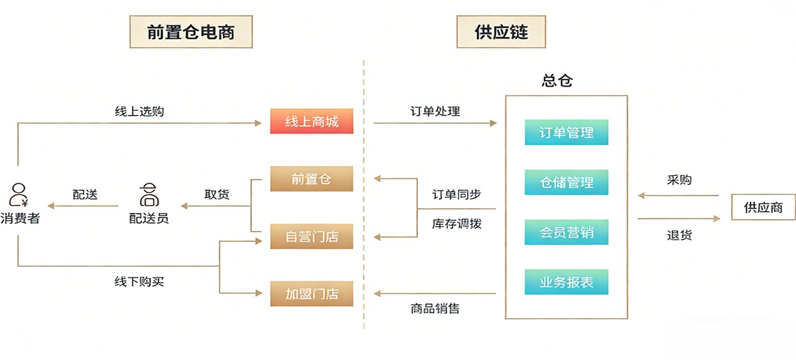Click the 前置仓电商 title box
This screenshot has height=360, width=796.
point(191,31)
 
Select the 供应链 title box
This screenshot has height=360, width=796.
point(501,31)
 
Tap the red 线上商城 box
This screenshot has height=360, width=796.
point(311,122)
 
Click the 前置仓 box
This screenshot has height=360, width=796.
point(311,179)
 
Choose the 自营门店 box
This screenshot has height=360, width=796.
point(311,236)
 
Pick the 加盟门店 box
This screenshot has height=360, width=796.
point(311,293)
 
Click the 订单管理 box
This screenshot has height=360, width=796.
point(566,132)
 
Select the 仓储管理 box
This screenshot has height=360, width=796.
point(566,182)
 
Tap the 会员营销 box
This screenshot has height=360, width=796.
point(566,232)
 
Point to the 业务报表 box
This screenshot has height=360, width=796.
point(566,282)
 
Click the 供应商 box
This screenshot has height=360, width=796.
point(763,207)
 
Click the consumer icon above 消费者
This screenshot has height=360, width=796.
point(19,194)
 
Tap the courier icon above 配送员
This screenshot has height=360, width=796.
point(148,194)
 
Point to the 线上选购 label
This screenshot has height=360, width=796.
point(139,111)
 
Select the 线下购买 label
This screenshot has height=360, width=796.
point(139,281)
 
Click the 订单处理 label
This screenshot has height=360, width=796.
point(435,111)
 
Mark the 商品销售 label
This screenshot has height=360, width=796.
point(435,308)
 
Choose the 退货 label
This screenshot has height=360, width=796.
point(680,235)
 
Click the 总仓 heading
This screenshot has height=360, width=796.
point(557,81)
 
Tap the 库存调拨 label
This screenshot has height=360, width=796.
point(457,224)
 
